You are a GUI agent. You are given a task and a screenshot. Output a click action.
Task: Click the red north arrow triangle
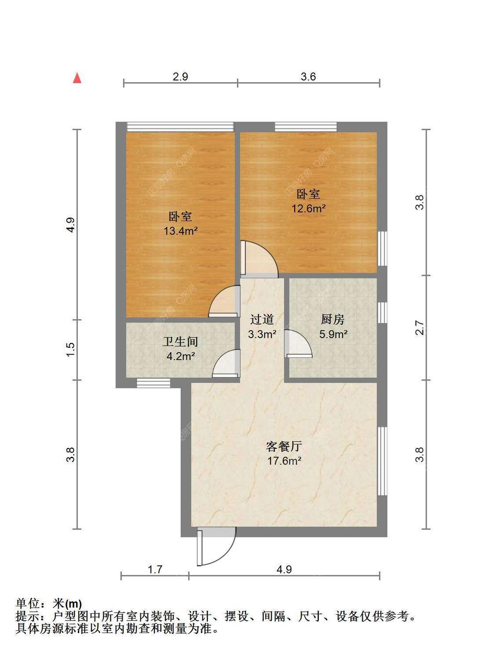[x=77, y=78]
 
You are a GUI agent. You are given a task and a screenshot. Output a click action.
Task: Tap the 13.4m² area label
[x=180, y=231]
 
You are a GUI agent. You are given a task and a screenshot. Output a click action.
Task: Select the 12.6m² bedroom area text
[x=308, y=208]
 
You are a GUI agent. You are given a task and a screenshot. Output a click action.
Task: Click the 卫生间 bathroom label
[x=180, y=342]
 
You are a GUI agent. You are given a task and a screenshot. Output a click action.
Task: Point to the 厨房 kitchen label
[x=333, y=319]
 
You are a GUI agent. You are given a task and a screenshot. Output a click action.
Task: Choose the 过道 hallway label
[x=262, y=319]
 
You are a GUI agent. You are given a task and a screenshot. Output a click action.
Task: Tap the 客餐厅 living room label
[x=284, y=446]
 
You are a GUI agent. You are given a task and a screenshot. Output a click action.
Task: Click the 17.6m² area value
[x=284, y=460]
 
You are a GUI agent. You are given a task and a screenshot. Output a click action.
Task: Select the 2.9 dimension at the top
[x=180, y=76]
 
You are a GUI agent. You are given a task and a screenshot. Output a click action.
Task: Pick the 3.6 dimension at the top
[x=308, y=76]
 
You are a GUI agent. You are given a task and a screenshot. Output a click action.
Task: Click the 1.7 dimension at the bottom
[x=155, y=569]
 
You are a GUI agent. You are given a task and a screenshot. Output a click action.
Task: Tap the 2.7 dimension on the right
[x=419, y=328]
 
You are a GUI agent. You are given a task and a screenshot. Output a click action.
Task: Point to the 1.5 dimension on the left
[x=71, y=349]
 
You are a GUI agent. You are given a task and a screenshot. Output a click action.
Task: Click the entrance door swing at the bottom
[x=216, y=548]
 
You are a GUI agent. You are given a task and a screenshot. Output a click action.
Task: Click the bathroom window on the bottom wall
[x=153, y=383]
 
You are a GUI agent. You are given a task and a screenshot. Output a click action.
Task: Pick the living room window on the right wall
[x=382, y=460]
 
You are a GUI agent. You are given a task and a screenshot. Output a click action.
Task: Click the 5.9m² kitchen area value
[x=333, y=334]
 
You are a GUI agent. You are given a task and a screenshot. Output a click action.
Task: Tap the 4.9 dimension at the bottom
[x=284, y=569]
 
